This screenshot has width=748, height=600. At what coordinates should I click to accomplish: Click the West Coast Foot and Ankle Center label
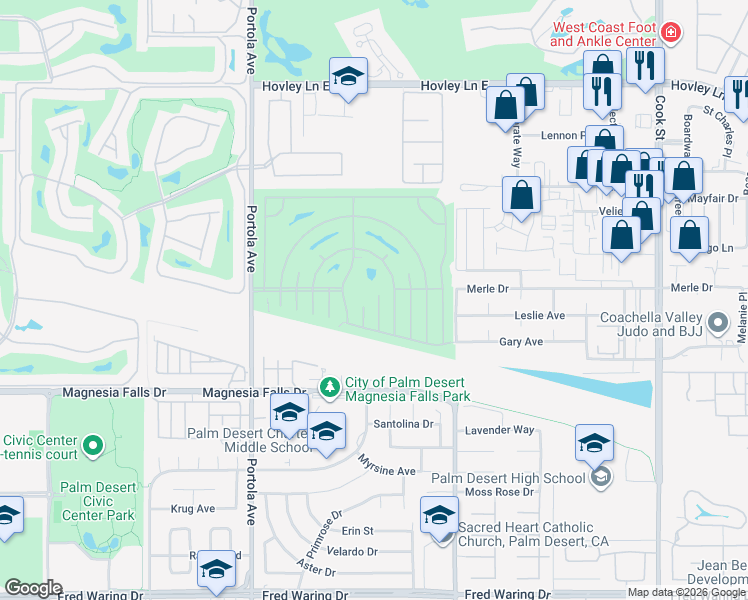coord(602,34)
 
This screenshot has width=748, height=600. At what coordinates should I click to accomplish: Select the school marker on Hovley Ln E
coord(348,78)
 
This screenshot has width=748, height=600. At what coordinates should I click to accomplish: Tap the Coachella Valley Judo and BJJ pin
coord(717,322)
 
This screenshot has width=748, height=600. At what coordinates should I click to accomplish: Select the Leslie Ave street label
coord(539,315)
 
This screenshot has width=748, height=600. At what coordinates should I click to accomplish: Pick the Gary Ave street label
coord(521,342)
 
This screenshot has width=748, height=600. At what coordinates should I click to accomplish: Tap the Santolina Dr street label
coord(404,424)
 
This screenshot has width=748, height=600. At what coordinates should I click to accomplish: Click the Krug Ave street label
coord(193,509)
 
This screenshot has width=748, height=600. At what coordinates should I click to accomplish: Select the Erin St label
coord(357,531)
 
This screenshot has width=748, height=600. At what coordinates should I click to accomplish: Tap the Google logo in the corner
coord(32,588)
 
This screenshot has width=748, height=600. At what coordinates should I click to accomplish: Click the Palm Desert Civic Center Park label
coord(97,502)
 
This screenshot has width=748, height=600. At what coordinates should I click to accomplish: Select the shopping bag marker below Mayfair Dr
coord(690,237)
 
